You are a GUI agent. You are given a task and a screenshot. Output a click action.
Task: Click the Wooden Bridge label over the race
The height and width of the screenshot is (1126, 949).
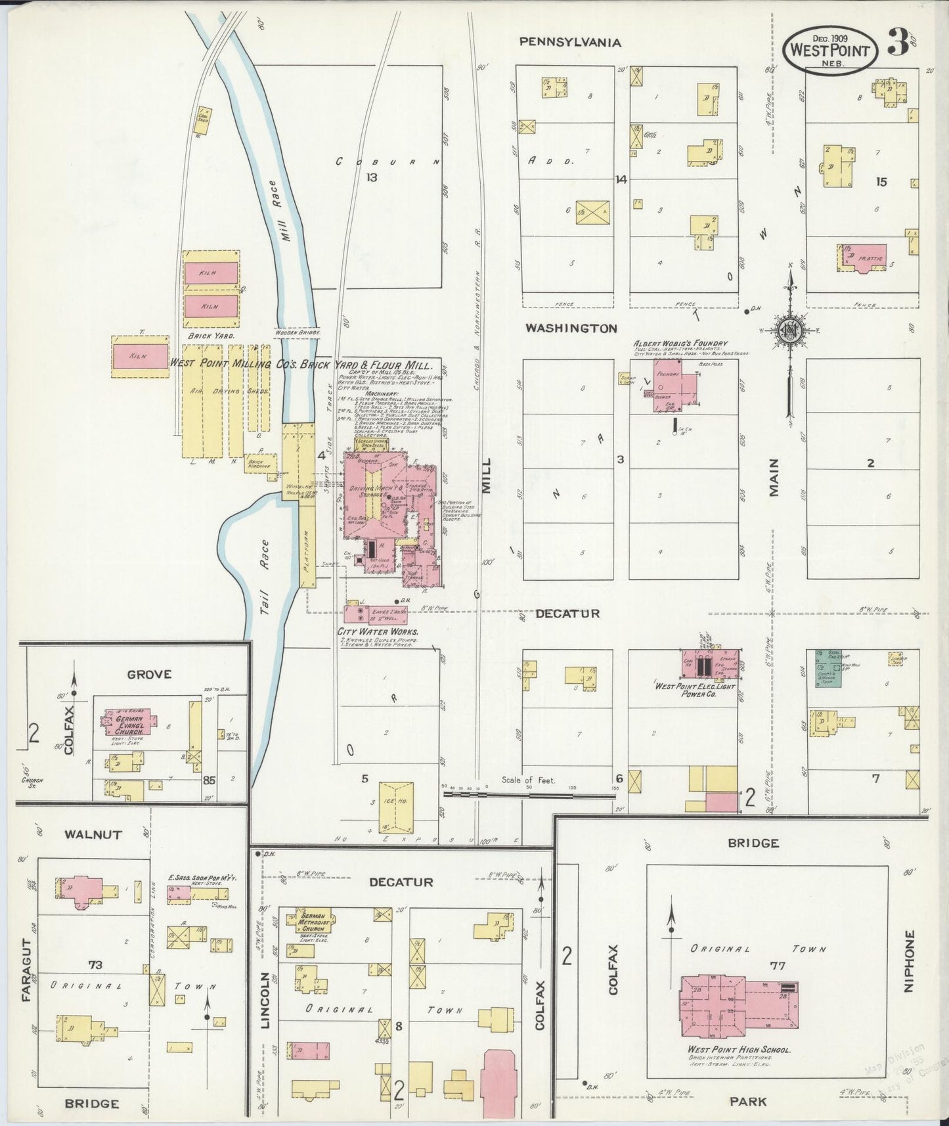click(x=298, y=333)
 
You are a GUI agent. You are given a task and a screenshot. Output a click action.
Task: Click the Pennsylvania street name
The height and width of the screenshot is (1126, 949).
click(x=569, y=42)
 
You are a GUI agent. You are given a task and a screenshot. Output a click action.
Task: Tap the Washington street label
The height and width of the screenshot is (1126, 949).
click(x=570, y=328)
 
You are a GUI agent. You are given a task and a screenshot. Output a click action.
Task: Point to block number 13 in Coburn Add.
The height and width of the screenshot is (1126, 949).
click(x=372, y=177)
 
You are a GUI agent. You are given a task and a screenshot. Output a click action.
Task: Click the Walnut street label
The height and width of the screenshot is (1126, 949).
click(x=93, y=834)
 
